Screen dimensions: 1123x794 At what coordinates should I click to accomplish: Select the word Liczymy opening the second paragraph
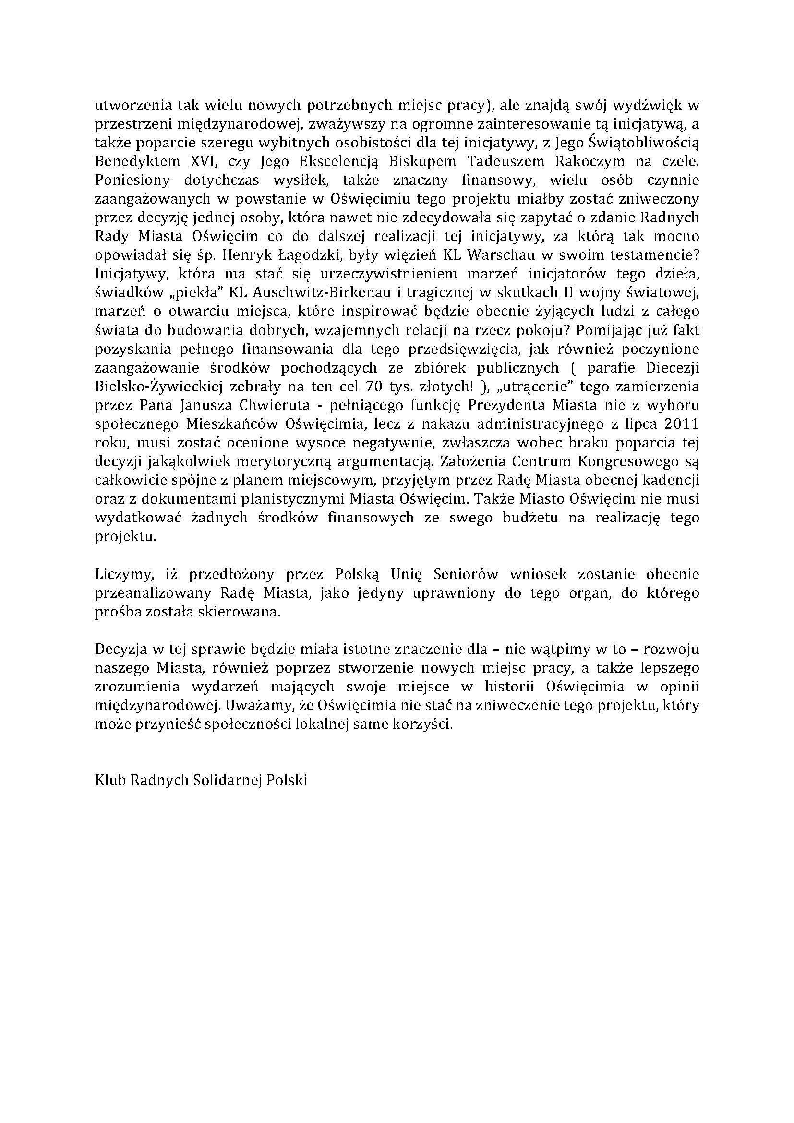point(120,574)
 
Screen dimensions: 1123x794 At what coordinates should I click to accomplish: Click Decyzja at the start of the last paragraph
point(120,650)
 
